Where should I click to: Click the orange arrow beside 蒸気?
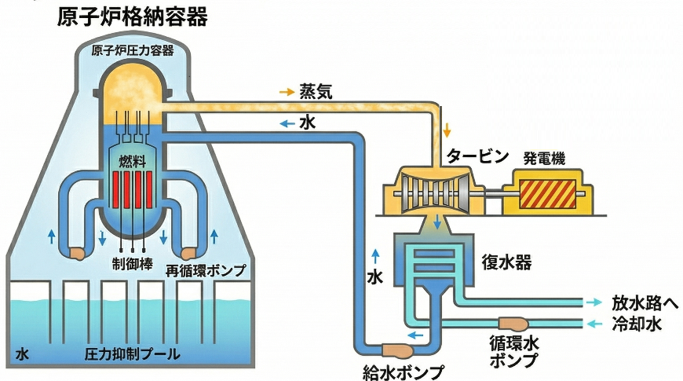(287, 91)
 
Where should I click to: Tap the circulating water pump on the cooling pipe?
(513, 323)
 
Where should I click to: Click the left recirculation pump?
(77, 253)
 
